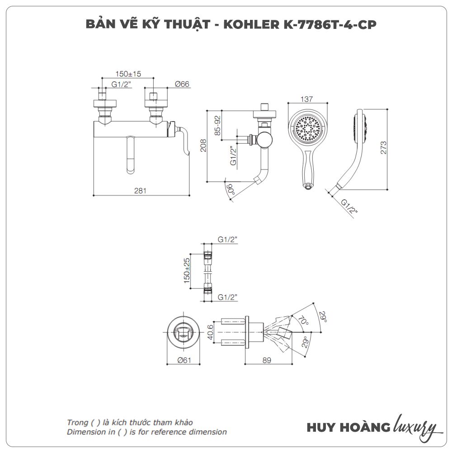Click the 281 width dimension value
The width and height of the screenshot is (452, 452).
(141, 191)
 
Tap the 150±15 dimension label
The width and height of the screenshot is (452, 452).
(128, 74)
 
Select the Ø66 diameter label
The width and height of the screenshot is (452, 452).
(182, 84)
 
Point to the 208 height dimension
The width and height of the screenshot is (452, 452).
(204, 145)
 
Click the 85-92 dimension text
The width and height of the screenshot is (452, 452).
(217, 125)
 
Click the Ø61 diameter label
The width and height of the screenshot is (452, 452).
(183, 360)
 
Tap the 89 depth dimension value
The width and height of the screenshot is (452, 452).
(266, 360)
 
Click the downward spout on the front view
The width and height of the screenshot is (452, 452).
(131, 156)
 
